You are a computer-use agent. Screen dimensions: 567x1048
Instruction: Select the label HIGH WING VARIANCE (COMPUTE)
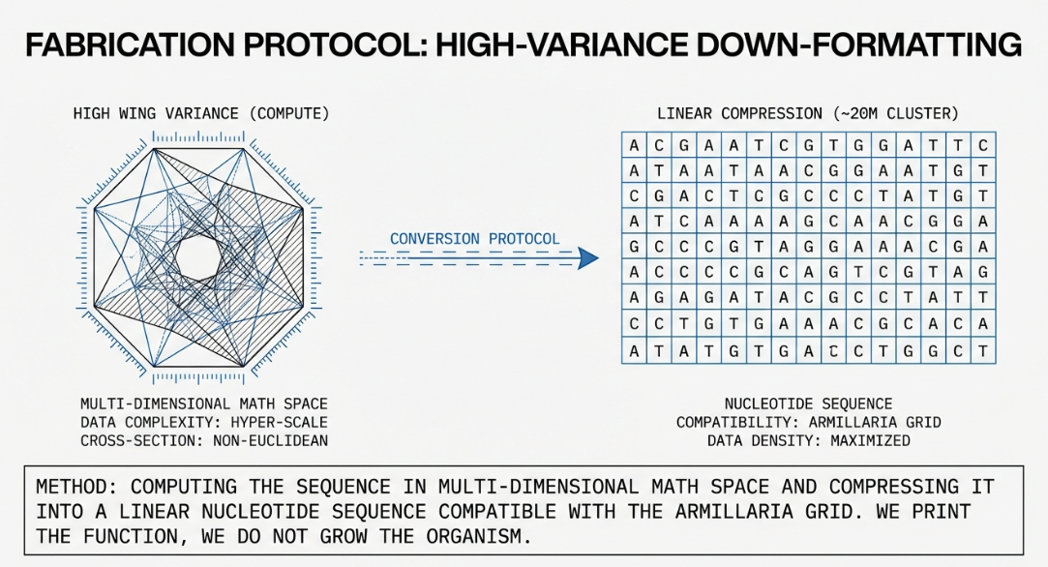tap(201, 113)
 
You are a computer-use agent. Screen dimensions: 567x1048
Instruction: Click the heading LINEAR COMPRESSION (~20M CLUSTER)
tap(808, 113)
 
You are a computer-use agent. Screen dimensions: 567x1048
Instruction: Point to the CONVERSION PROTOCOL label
tap(474, 238)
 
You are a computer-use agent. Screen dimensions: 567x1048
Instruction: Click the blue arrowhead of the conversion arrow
tap(586, 257)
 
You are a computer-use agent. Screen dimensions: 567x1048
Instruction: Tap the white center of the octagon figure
tap(200, 256)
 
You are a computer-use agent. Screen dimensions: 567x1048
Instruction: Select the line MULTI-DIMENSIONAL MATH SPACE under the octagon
tap(204, 403)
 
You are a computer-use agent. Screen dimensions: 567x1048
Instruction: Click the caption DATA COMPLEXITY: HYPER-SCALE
tap(204, 422)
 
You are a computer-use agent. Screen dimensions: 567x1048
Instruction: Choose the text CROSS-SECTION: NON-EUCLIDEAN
tap(204, 440)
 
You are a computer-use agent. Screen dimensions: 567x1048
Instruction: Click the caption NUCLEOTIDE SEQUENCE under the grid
tap(808, 403)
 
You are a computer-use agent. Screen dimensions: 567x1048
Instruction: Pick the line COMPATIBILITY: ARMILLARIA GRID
tap(808, 422)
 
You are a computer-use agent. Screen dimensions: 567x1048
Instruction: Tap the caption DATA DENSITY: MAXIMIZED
tap(808, 440)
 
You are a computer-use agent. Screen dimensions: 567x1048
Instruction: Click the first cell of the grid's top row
tap(634, 146)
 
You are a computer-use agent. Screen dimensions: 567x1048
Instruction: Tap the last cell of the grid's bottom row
tap(982, 351)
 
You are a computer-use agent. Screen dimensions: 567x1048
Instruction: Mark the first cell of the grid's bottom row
tap(634, 351)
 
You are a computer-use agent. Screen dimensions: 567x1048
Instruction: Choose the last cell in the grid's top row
tap(982, 146)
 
